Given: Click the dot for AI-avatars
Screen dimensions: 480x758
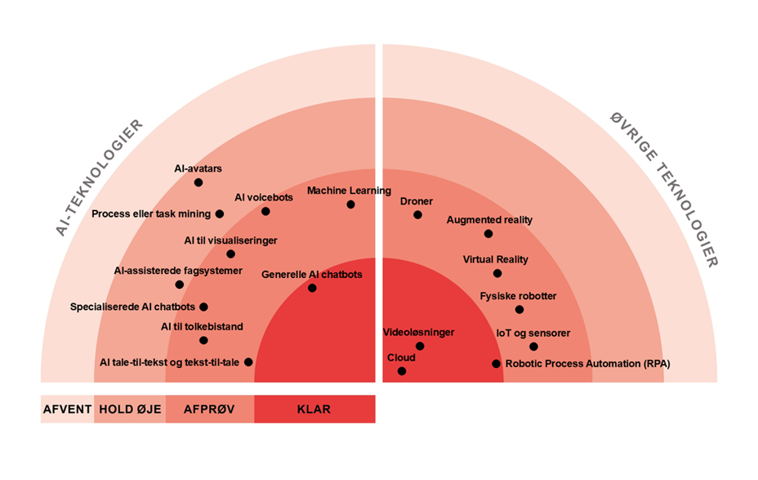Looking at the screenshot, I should [198, 182].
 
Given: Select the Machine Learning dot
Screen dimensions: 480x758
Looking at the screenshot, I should [350, 204].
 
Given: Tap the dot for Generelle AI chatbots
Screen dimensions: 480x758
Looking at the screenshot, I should [312, 288].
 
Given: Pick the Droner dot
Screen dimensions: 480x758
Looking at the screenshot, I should [417, 215].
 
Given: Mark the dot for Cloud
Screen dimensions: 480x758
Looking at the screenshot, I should [402, 371].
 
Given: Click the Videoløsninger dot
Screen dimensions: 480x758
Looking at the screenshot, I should [420, 346].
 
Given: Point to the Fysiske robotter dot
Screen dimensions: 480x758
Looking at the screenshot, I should [519, 309].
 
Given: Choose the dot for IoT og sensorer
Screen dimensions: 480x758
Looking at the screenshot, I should [533, 347].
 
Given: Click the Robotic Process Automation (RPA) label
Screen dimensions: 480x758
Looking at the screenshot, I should [587, 364].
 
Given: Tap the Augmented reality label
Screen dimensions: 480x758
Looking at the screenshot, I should [489, 220].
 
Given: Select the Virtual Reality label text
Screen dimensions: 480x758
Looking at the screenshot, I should [496, 259].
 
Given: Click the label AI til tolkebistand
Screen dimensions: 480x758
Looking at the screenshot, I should [202, 327].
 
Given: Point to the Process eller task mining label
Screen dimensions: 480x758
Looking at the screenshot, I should [151, 214].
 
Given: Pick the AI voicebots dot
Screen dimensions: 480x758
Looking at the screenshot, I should [265, 211].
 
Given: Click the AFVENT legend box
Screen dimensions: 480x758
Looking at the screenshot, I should [67, 410].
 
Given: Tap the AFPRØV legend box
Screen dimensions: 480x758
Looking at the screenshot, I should [210, 410].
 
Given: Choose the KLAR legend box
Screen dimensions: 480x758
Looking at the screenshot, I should [314, 410].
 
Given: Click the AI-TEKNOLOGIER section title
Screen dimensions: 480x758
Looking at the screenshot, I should [99, 178].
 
